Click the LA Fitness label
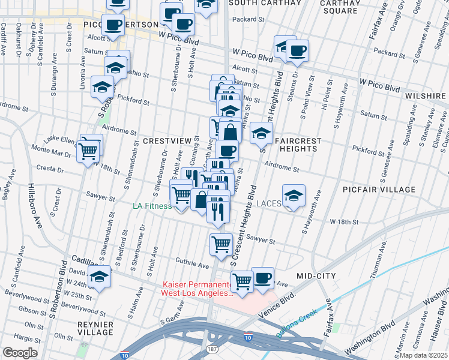point(152,206)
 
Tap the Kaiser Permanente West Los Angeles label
point(197,289)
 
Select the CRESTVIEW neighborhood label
point(166,140)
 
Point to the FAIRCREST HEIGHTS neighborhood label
point(298,145)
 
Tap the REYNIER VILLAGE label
point(95,328)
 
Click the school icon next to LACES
point(294,196)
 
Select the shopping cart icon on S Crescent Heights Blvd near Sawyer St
point(221,244)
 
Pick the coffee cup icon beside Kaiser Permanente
point(262,277)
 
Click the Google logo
point(20,353)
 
